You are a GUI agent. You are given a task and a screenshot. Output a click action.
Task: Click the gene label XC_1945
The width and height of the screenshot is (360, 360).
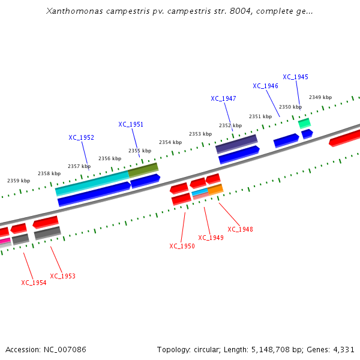click(295, 77)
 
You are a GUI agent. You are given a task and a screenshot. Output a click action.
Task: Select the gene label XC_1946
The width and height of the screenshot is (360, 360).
click(265, 86)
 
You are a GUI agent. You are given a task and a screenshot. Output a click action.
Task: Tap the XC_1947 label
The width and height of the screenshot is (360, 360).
click(223, 98)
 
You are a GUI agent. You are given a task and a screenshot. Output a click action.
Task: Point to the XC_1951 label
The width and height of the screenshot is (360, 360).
click(131, 124)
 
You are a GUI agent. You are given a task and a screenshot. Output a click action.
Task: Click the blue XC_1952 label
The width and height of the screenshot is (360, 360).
click(81, 137)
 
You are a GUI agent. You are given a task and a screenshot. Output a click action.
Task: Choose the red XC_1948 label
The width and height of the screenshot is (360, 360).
click(240, 229)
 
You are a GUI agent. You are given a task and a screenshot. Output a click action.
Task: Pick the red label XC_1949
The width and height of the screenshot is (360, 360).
click(211, 238)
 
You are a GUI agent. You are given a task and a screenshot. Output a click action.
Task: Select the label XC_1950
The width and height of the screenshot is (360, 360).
click(182, 246)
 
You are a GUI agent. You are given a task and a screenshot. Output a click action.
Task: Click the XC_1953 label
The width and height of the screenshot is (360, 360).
click(62, 276)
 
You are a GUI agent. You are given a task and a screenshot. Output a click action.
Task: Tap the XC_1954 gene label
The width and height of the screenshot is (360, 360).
click(34, 283)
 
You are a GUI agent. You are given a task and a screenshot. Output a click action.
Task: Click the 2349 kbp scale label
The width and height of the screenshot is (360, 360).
click(320, 97)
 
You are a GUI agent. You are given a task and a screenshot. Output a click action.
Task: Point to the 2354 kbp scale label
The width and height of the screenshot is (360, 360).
click(170, 142)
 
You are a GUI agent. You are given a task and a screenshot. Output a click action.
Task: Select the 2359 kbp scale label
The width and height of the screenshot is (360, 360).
click(18, 181)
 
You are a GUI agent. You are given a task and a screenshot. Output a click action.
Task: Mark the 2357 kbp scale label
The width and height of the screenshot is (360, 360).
click(79, 166)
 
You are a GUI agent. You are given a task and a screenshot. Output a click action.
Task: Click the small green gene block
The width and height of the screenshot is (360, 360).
click(304, 123)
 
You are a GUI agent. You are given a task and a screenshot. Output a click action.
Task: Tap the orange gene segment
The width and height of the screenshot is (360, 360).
click(215, 189)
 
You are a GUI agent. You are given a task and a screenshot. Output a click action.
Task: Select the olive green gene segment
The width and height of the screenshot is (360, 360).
click(143, 170)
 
